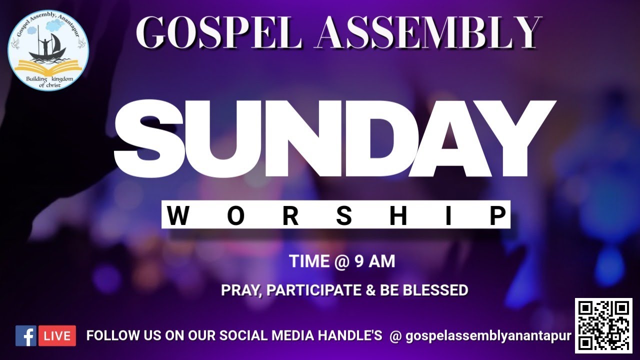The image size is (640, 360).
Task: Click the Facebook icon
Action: [25, 336]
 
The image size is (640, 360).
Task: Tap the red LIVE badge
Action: [57, 336]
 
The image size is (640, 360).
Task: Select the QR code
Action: [603, 325]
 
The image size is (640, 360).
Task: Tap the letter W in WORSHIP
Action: [178, 216]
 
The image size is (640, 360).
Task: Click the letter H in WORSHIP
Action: [398, 216]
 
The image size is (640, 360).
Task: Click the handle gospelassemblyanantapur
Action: [488, 336]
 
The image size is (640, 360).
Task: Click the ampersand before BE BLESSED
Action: [371, 290]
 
